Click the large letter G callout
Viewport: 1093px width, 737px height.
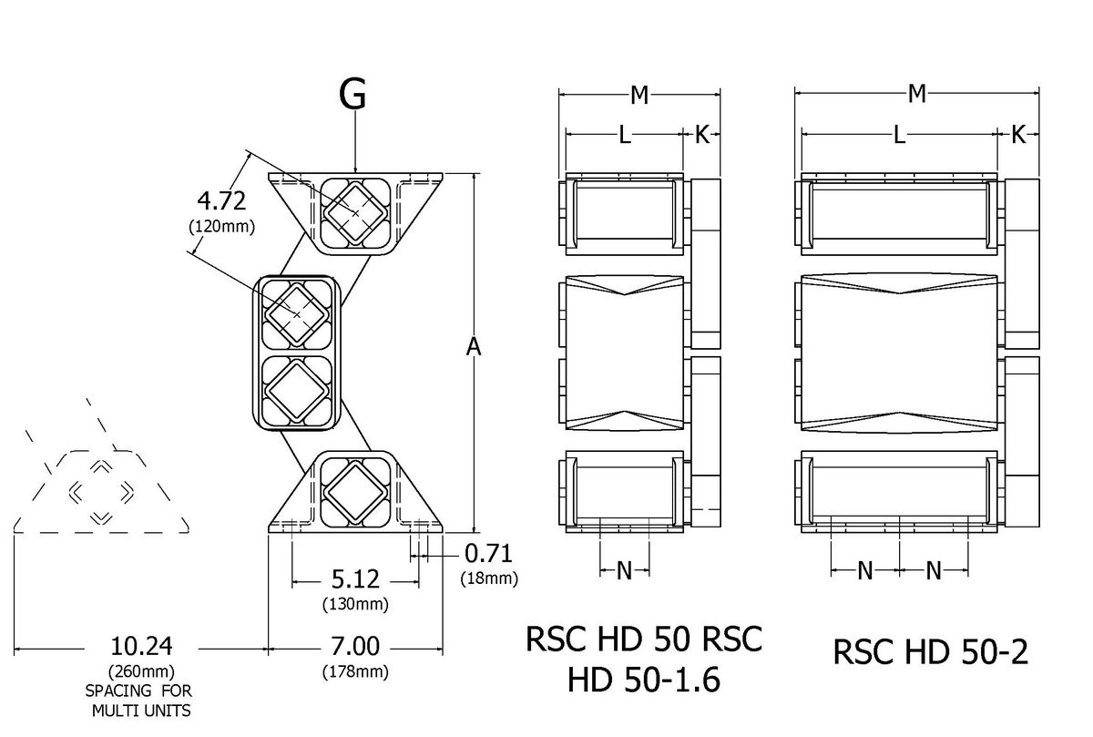353,94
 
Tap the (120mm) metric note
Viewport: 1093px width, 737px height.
221,226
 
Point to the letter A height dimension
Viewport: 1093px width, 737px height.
474,347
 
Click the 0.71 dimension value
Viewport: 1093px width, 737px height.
487,553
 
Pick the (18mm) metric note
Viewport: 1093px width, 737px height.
490,578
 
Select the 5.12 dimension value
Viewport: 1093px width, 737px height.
354,579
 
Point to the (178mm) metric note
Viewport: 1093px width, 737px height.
355,672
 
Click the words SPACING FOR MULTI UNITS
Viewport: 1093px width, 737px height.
139,700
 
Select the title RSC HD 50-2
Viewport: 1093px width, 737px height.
930,652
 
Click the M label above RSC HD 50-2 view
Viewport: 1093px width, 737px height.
917,93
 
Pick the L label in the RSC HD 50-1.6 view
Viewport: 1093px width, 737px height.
624,135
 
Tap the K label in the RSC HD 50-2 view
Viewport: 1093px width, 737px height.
1018,135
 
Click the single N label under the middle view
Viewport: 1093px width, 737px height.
625,570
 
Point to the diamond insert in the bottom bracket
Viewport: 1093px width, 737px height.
354,492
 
